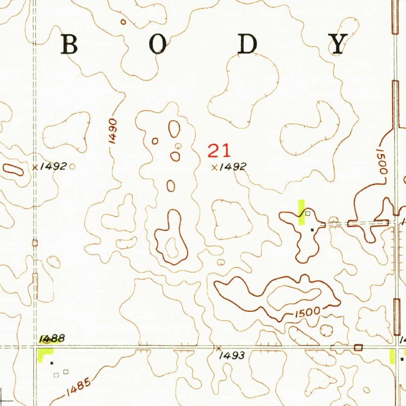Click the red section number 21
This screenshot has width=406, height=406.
coord(219,151)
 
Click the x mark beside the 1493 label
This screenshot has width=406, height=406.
coord(218,348)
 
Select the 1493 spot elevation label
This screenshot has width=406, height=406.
coord(232,356)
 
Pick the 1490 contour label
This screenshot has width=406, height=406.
coord(113,131)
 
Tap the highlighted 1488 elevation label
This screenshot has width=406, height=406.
coord(52,339)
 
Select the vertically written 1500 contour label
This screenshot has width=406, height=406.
coord(381,162)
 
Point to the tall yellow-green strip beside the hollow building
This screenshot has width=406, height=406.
coord(301,212)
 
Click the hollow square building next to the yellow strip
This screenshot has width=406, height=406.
coord(308,214)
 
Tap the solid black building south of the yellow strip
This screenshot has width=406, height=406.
coord(312,230)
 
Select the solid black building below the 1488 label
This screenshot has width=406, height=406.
coord(52,362)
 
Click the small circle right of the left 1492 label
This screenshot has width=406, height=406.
coord(72,167)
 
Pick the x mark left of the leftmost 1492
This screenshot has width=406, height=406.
coord(35,167)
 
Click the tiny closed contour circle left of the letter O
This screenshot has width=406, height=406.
coord(123,22)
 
